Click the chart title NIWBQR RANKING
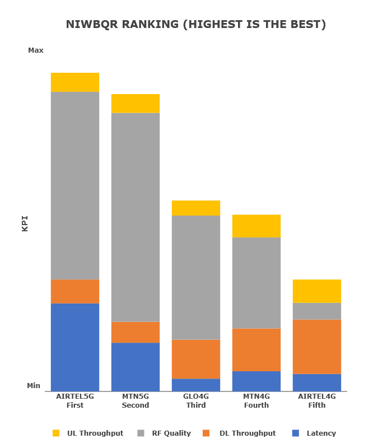pos(195,25)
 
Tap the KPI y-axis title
pos(25,223)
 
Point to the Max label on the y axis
pos(36,50)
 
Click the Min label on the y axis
pos(34,386)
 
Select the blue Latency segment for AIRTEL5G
pos(75,347)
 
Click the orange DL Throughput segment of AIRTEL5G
pos(75,291)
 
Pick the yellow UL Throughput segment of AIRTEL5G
pos(75,82)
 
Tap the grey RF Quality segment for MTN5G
pos(136,217)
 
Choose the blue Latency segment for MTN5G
pos(136,367)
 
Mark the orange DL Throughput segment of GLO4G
pos(196,359)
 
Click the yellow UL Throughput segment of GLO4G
pos(196,208)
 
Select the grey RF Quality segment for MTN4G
pos(256,283)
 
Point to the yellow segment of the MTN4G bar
pos(256,226)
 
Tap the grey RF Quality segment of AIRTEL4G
pos(317,311)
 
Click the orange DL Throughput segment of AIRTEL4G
pos(317,347)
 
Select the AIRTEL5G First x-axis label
pos(75,401)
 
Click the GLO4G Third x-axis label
pos(196,401)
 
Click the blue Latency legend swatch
pos(296,433)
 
